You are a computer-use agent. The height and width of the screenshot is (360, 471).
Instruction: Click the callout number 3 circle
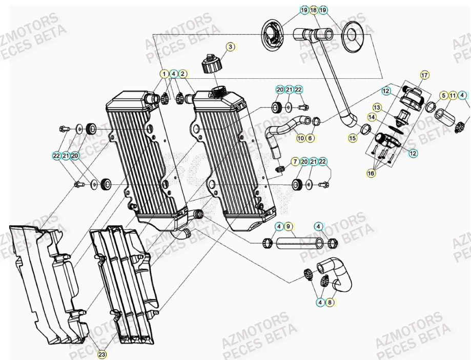(231, 47)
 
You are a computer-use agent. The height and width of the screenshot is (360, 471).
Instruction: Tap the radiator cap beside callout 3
(211, 65)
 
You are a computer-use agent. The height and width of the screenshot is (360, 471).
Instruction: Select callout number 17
(424, 75)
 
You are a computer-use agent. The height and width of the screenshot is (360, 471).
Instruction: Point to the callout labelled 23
(102, 354)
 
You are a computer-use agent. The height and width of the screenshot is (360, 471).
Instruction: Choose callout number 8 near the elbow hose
(330, 303)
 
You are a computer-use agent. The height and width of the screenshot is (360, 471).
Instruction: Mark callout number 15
(353, 138)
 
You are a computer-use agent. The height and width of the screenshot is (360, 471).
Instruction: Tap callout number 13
(377, 108)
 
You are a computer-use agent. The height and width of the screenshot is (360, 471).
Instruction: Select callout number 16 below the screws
(371, 174)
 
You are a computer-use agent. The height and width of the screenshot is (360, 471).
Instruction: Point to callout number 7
(295, 162)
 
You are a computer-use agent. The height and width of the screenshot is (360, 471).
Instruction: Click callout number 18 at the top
(313, 10)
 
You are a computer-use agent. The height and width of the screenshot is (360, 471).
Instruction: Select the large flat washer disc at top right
(353, 34)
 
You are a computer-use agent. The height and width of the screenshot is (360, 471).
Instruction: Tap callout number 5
(443, 95)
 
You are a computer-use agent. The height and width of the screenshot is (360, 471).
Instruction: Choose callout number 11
(453, 95)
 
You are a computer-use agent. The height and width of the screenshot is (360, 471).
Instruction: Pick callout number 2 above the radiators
(183, 74)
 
